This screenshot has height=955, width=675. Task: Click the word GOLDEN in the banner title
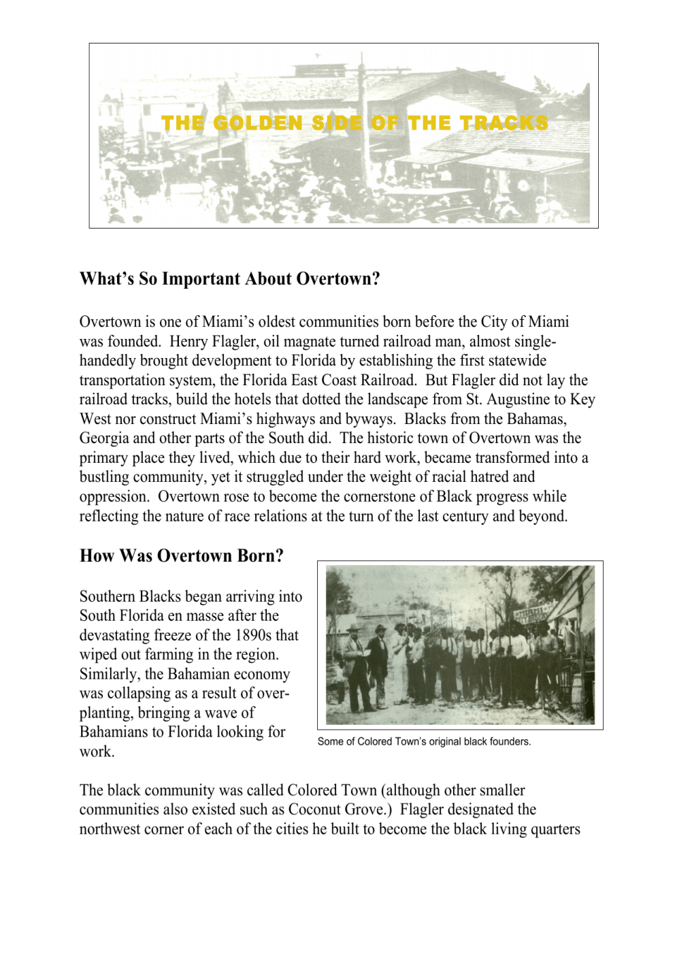258,123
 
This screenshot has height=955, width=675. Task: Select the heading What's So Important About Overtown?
229,279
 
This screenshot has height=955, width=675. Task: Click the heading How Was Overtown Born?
181,556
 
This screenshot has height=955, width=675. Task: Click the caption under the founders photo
424,742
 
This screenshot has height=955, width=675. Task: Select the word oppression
113,497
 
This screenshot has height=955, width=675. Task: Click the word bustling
105,477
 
